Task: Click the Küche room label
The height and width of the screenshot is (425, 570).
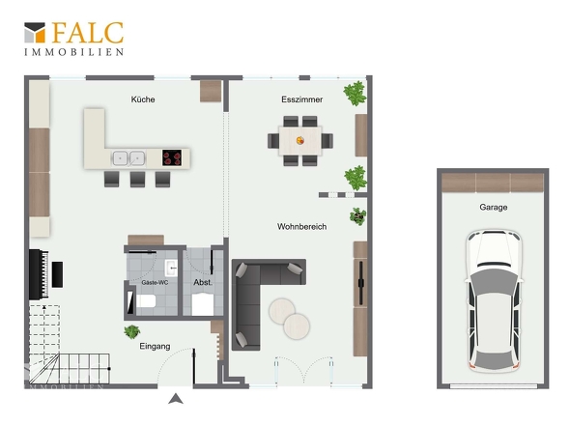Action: [143, 99]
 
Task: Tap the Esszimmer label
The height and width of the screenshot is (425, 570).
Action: [301, 99]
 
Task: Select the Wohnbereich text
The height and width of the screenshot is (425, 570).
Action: [301, 226]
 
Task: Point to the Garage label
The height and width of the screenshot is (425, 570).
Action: [494, 208]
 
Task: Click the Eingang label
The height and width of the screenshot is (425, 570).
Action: [155, 346]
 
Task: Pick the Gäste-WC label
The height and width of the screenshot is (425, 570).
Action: [155, 282]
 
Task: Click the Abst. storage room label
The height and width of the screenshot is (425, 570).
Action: [203, 282]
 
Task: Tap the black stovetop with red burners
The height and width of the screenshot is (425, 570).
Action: [172, 157]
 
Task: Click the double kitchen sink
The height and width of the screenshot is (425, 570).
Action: [128, 158]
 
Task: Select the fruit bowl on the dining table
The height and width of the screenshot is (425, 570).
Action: [300, 140]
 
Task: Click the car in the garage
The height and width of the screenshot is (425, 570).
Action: [494, 300]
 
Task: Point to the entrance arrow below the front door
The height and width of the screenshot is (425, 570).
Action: [176, 399]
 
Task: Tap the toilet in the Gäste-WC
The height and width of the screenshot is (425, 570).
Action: [146, 301]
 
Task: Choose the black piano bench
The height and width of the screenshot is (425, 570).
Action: [57, 274]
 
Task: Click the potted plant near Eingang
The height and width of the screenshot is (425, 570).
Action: [131, 331]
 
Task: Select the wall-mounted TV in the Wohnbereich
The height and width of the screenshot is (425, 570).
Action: [360, 282]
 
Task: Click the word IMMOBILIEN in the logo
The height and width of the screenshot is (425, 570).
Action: [74, 52]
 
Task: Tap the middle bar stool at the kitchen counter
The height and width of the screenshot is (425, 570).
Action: [137, 179]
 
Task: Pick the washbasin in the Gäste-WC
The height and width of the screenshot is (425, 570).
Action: [171, 268]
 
